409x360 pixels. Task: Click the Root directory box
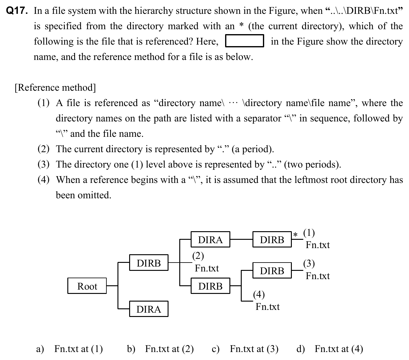click(x=87, y=286)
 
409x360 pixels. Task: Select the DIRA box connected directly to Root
click(x=149, y=309)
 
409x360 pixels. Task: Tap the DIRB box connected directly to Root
click(x=149, y=263)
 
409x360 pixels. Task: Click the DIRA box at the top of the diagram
click(x=210, y=239)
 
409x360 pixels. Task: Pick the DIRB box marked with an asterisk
click(x=272, y=239)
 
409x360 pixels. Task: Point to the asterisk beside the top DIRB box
click(x=295, y=235)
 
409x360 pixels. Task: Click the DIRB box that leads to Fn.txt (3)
click(x=272, y=271)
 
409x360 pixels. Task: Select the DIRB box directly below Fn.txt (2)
click(x=210, y=286)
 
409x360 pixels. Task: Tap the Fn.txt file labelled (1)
click(x=317, y=245)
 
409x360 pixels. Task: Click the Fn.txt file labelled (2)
click(x=207, y=268)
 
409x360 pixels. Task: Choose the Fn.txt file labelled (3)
click(x=317, y=276)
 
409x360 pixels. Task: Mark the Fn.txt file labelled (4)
click(x=268, y=307)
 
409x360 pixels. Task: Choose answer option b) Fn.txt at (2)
click(x=160, y=349)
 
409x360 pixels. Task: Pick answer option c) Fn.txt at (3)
click(x=245, y=349)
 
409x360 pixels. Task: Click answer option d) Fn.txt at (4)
click(x=330, y=349)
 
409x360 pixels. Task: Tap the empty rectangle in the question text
click(x=244, y=41)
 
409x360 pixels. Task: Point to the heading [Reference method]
click(x=55, y=88)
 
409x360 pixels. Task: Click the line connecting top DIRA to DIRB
click(x=241, y=239)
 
